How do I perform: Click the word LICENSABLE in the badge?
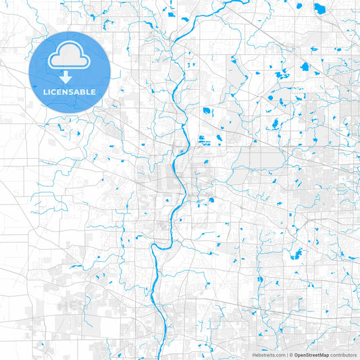point(70,91)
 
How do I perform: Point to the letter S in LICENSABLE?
point(73,91)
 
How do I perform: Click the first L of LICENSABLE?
point(45,91)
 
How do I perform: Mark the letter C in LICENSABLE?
point(55,91)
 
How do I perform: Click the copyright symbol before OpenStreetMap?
point(290,355)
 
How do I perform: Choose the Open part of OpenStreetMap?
point(298,355)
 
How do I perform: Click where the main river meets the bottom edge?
point(165,359)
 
